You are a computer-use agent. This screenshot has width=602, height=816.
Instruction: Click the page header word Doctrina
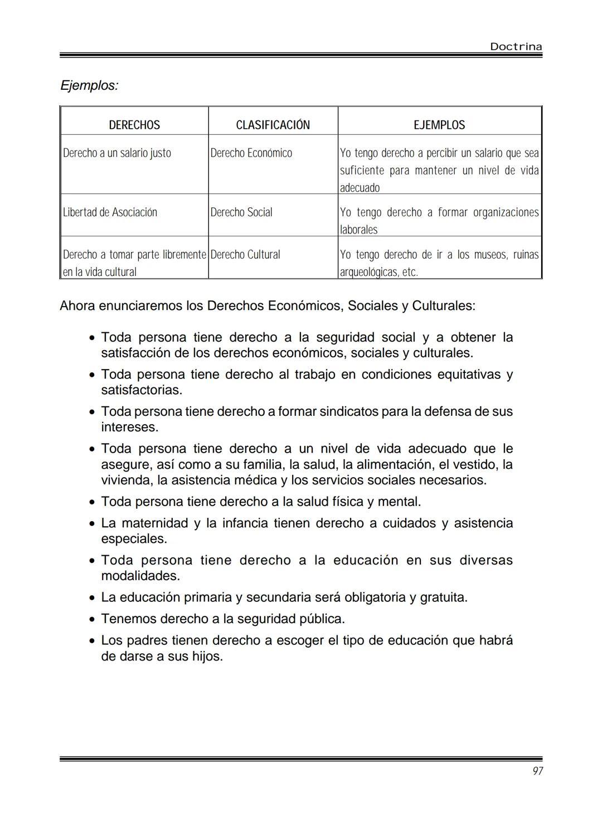coord(516,47)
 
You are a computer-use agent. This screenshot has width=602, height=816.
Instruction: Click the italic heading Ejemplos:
coord(89,86)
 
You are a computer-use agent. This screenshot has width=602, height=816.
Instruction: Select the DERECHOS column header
coord(134,125)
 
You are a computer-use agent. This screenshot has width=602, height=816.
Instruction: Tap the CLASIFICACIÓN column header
coord(273,125)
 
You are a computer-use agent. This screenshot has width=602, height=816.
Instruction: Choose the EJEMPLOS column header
coord(439,125)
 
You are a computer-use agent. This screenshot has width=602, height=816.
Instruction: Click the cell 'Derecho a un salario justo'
coord(117,153)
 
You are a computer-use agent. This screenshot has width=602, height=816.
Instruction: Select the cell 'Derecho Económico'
coord(251,153)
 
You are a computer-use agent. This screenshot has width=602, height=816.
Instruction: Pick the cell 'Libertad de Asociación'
coord(110,212)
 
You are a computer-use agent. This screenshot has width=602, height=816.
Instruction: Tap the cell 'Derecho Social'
coord(241,212)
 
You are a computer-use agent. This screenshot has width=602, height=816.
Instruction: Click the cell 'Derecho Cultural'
coord(245,255)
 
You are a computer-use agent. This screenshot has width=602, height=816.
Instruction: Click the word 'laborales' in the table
coord(358,230)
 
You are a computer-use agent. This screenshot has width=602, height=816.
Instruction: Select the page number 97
coord(537,771)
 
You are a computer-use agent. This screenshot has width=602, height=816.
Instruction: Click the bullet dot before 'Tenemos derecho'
coord(92,619)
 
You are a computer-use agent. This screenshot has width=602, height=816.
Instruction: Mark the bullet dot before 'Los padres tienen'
coord(92,641)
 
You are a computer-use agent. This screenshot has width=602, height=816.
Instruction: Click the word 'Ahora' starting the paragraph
coord(77,306)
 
